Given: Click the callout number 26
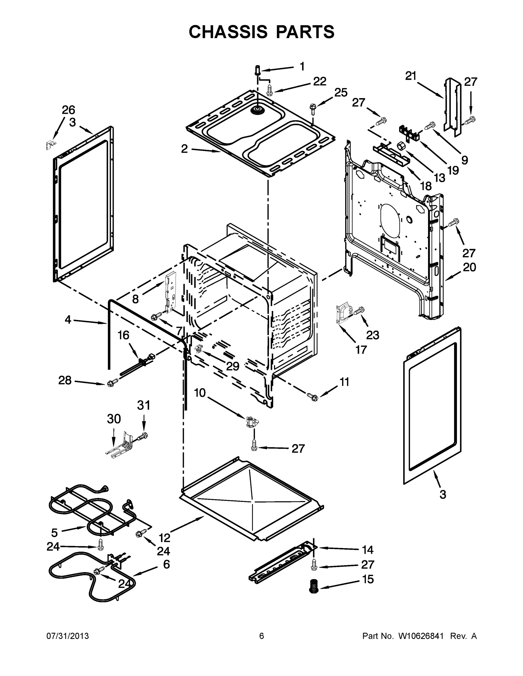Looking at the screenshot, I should pos(68,110).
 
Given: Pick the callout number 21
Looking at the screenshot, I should pos(411,76).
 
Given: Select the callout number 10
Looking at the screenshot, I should pos(200,393).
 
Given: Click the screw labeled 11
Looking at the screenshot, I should pos(312,396).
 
